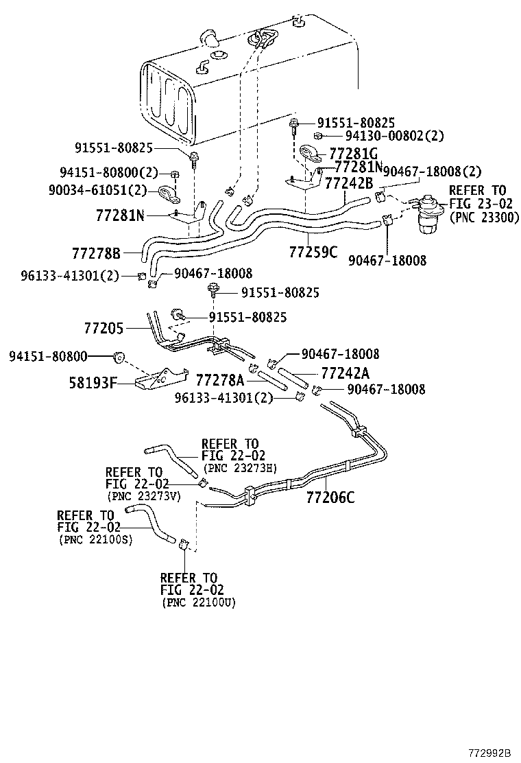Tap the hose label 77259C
[x=313, y=252]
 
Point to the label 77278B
[x=96, y=253]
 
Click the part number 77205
[x=104, y=329]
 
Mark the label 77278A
[x=220, y=379]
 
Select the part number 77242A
[x=346, y=373]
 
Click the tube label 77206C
[x=330, y=497]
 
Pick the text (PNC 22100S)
[x=95, y=540]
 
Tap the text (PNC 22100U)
[x=198, y=602]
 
